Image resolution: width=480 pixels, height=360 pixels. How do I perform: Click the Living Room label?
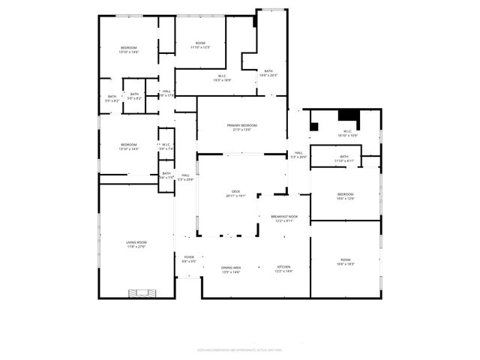pos(136,244)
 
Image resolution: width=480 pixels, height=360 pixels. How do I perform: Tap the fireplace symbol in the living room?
pos(142,292)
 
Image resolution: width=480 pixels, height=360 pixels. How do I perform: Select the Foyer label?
pos(189,259)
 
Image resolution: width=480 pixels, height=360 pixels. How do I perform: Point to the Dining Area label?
pos(231,269)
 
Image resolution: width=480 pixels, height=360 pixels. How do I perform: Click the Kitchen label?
pos(283,269)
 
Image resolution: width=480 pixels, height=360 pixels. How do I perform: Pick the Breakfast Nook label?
pos(284,218)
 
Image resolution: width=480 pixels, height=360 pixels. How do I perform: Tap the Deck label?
pos(235,193)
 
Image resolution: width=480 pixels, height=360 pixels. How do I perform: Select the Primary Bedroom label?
pos(242,127)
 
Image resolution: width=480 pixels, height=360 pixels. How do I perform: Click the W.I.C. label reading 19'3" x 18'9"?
pos(223,77)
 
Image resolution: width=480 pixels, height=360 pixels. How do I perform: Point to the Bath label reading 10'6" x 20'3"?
pos(268,73)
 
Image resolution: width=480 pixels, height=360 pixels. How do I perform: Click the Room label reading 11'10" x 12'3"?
pos(200,46)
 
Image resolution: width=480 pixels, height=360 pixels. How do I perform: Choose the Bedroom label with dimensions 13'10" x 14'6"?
pos(128,50)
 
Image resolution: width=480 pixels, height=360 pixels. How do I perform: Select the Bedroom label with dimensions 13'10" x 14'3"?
pos(128,146)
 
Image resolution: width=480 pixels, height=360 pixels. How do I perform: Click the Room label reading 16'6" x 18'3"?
pos(345,262)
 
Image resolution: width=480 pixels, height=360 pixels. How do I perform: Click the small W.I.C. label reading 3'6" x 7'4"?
pos(166,147)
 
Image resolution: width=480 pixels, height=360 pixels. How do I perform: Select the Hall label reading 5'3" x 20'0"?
pos(298,154)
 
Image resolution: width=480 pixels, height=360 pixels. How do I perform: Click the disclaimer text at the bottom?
pos(239,349)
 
